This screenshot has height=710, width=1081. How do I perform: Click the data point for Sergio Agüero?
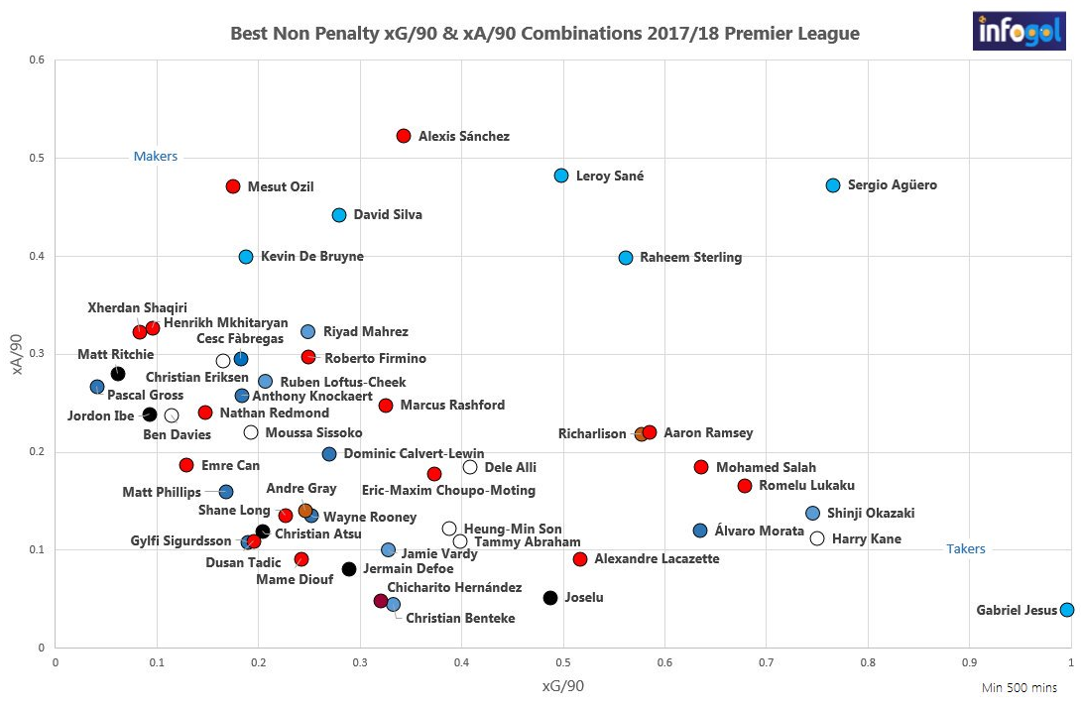click(x=833, y=185)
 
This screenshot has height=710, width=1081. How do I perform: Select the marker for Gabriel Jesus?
click(x=1067, y=610)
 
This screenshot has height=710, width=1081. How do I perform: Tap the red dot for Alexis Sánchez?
click(x=404, y=136)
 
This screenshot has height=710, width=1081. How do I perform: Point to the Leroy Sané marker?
click(x=561, y=176)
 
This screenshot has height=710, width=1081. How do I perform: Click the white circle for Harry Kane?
click(x=817, y=538)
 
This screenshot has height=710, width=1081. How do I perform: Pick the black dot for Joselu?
click(x=550, y=598)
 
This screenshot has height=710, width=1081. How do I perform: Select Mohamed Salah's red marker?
click(x=701, y=467)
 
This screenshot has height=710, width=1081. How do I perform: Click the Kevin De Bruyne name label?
click(x=311, y=257)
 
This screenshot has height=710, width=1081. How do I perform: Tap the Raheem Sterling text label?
click(x=690, y=258)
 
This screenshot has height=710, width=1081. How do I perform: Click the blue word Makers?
click(x=156, y=157)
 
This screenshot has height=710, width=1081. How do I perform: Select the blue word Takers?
click(x=966, y=548)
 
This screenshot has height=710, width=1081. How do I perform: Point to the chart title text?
click(x=544, y=34)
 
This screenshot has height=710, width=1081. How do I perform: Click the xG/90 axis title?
click(x=563, y=686)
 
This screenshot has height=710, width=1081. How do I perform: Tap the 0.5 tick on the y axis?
click(x=37, y=158)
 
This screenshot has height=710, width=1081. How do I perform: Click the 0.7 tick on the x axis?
click(x=766, y=662)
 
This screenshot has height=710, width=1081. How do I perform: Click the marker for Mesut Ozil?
click(x=233, y=186)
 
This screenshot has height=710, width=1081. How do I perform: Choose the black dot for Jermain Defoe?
click(x=349, y=569)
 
